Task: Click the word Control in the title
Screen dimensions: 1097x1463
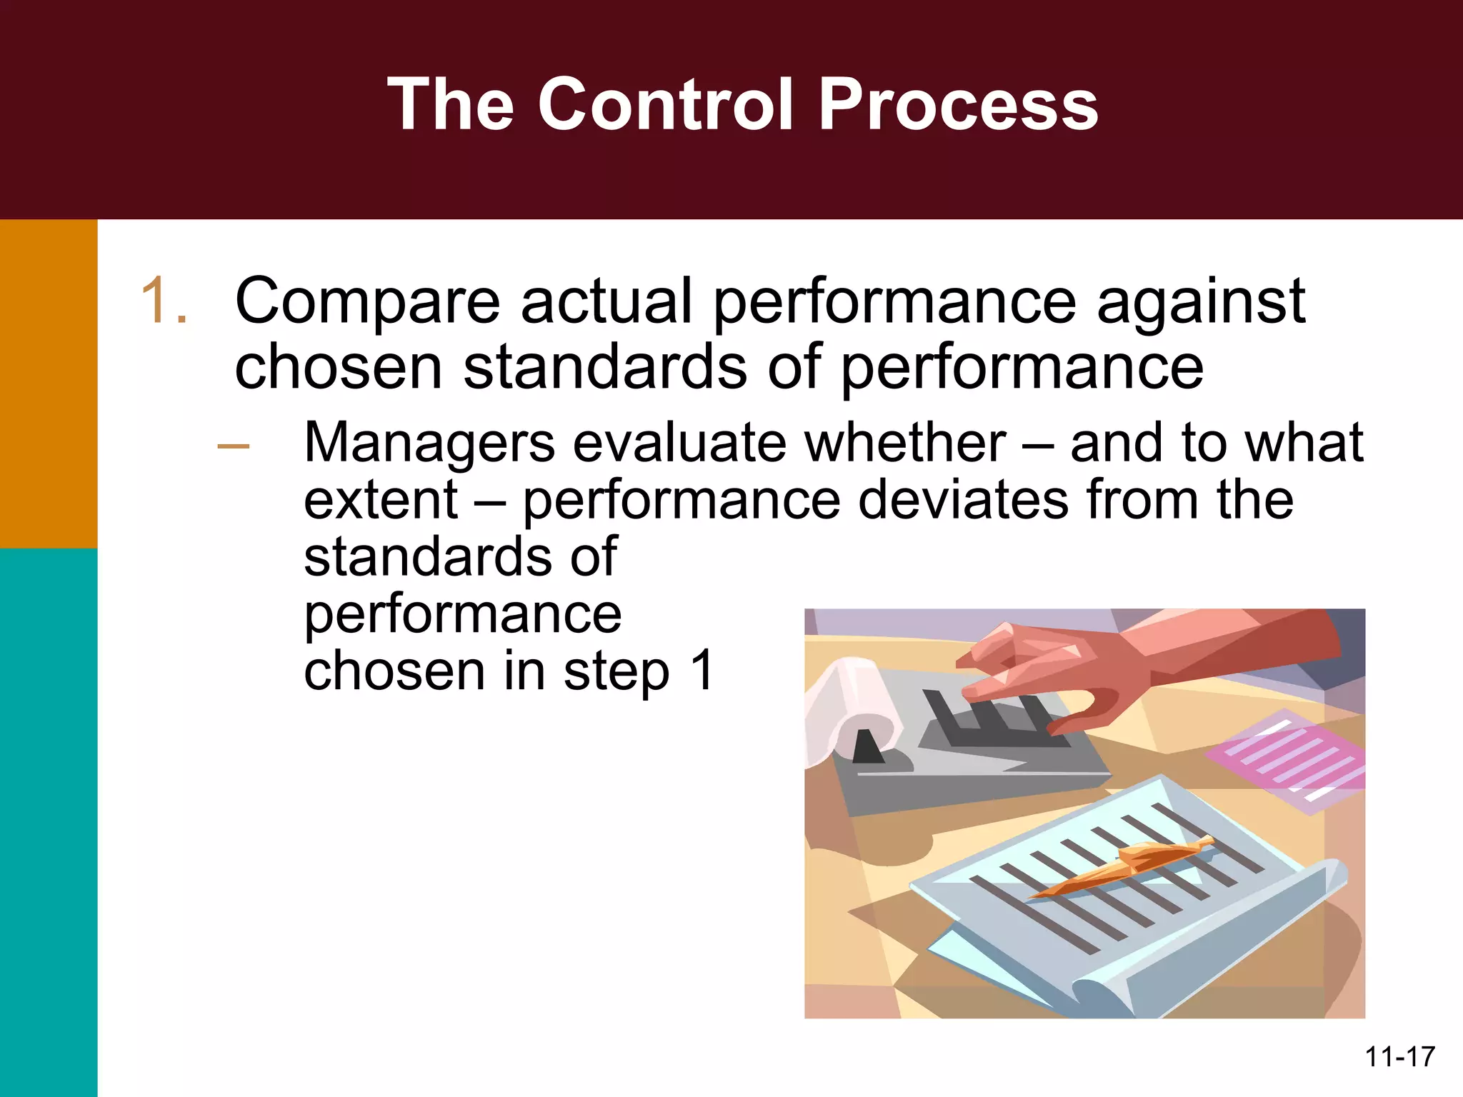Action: (664, 105)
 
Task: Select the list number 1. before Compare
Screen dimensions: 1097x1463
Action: (164, 301)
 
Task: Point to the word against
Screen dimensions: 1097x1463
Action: (1201, 301)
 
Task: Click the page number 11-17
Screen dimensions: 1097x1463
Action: (1399, 1056)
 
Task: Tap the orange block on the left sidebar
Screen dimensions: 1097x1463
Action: (48, 383)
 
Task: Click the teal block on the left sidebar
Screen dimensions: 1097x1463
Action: (48, 821)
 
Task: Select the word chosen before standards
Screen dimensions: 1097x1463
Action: (339, 368)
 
